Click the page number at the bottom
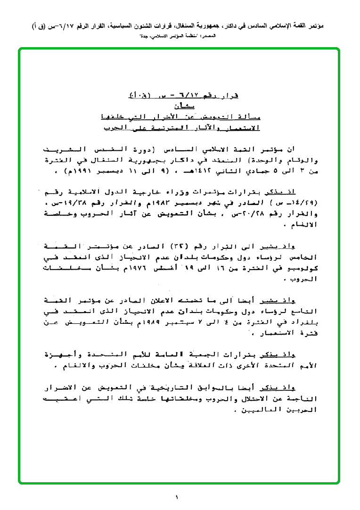(177, 497)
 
